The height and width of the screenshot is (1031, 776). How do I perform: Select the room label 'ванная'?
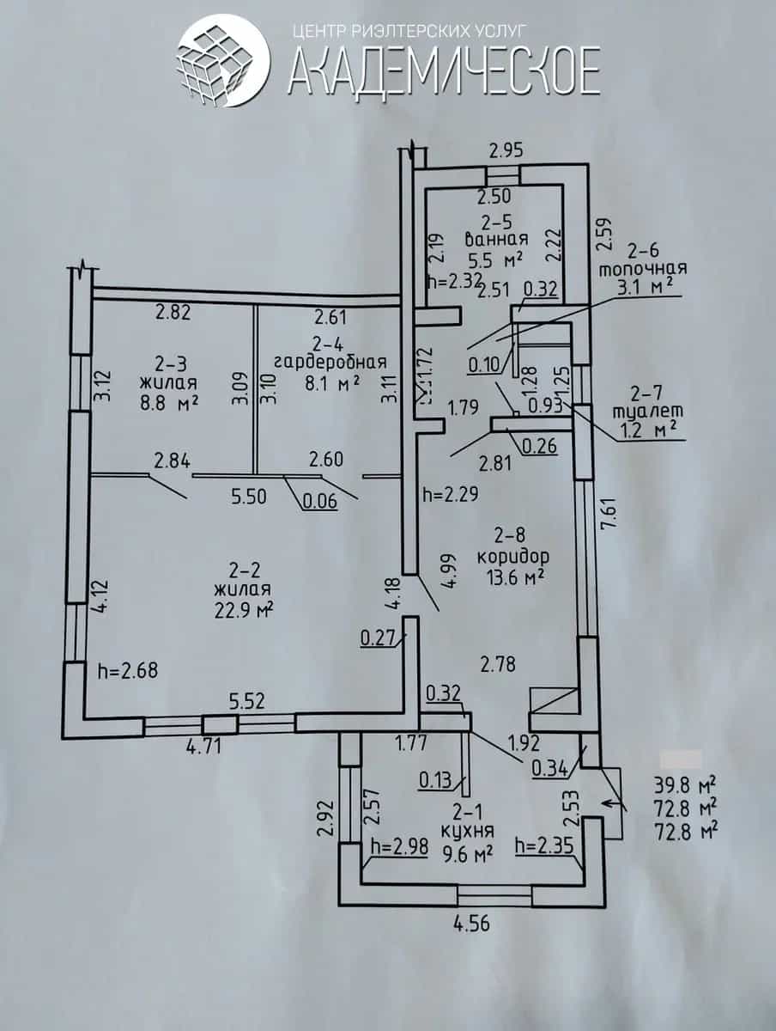click(496, 239)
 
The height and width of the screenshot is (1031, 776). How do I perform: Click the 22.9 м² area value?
click(244, 611)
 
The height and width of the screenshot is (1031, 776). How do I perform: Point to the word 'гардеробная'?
click(330, 363)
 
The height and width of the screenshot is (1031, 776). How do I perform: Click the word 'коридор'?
click(512, 557)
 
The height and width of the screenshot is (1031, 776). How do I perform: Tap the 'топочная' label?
click(644, 269)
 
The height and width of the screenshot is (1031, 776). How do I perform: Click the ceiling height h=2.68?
click(128, 670)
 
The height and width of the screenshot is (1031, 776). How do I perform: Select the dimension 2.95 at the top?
click(506, 151)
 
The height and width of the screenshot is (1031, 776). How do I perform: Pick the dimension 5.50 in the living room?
click(249, 497)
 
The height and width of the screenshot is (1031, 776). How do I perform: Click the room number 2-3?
click(169, 363)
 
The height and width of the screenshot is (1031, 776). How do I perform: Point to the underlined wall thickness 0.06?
click(320, 502)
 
